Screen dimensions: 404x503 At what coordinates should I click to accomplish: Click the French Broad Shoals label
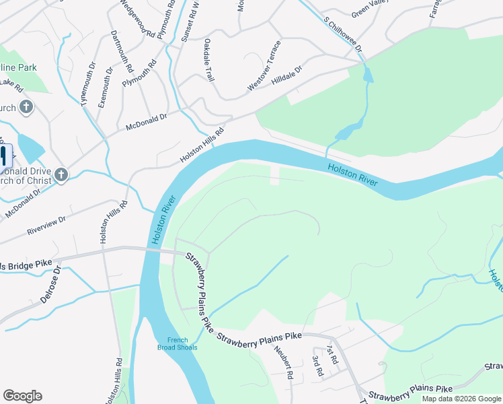178,343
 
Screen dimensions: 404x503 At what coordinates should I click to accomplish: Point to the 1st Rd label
331,355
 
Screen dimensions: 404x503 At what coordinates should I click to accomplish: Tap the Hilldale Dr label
287,75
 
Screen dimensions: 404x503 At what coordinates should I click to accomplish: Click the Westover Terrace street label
264,65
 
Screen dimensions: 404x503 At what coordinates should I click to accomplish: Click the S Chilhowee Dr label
342,35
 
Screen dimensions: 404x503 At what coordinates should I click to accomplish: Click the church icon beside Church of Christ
61,176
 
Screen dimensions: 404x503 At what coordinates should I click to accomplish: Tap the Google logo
22,396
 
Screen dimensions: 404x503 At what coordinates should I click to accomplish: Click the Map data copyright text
461,399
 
